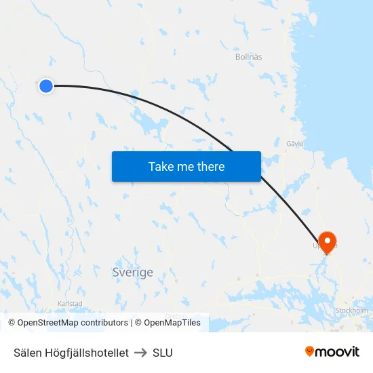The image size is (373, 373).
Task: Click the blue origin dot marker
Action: tap(45, 86)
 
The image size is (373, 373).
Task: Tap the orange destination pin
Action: tap(328, 241)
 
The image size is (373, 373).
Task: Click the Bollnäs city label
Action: tap(248, 57)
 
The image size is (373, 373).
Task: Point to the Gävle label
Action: tap(294, 144)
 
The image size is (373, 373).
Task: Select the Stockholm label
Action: tap(351, 311)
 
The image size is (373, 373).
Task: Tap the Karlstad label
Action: tap(69, 303)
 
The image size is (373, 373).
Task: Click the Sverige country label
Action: tap(132, 272)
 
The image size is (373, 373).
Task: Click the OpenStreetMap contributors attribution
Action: tap(73, 323)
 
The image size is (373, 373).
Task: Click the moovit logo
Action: tap(332, 352)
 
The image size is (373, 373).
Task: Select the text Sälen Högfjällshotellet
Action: tap(71, 353)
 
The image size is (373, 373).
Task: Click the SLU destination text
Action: tap(163, 353)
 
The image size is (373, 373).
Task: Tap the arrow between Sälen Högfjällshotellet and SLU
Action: tap(140, 353)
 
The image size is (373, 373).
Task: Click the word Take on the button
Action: tap(161, 166)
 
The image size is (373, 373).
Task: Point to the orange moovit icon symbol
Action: tap(310, 351)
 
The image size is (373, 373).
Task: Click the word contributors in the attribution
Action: tap(104, 323)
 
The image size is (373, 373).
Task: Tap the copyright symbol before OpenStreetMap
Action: tap(12, 323)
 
